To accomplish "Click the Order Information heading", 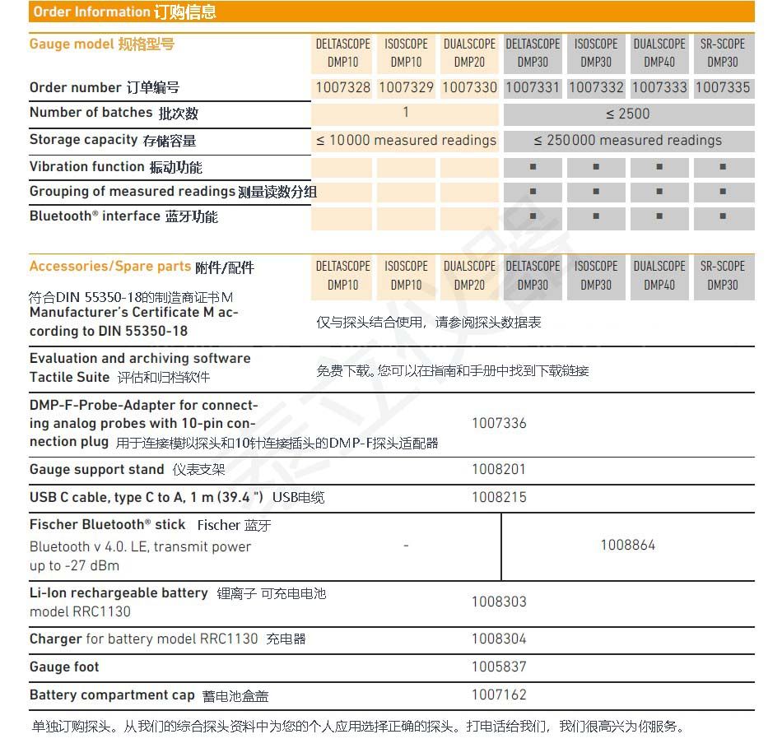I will click(x=124, y=12).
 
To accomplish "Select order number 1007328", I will click(x=343, y=87).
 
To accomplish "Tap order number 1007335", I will click(x=722, y=87).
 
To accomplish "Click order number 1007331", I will click(x=533, y=87).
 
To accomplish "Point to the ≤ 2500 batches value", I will click(x=627, y=114).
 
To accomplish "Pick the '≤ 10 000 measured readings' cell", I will click(x=406, y=141).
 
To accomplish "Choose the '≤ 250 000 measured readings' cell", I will click(x=627, y=141).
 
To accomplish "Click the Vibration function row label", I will click(x=115, y=167).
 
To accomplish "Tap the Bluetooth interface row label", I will click(x=123, y=216).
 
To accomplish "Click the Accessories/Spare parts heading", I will click(x=142, y=267).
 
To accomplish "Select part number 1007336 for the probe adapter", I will click(x=499, y=423).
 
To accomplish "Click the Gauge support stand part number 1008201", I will click(x=499, y=469).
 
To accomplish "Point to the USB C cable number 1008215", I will click(x=499, y=497).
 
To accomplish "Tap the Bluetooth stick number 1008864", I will click(x=627, y=545).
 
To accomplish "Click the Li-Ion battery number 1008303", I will click(x=499, y=602).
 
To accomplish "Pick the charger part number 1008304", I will click(x=499, y=639).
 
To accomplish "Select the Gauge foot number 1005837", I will click(x=499, y=667).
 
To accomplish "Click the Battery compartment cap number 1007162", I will click(x=499, y=695).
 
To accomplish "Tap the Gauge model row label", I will click(x=101, y=44).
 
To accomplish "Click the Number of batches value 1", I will click(x=406, y=113).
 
